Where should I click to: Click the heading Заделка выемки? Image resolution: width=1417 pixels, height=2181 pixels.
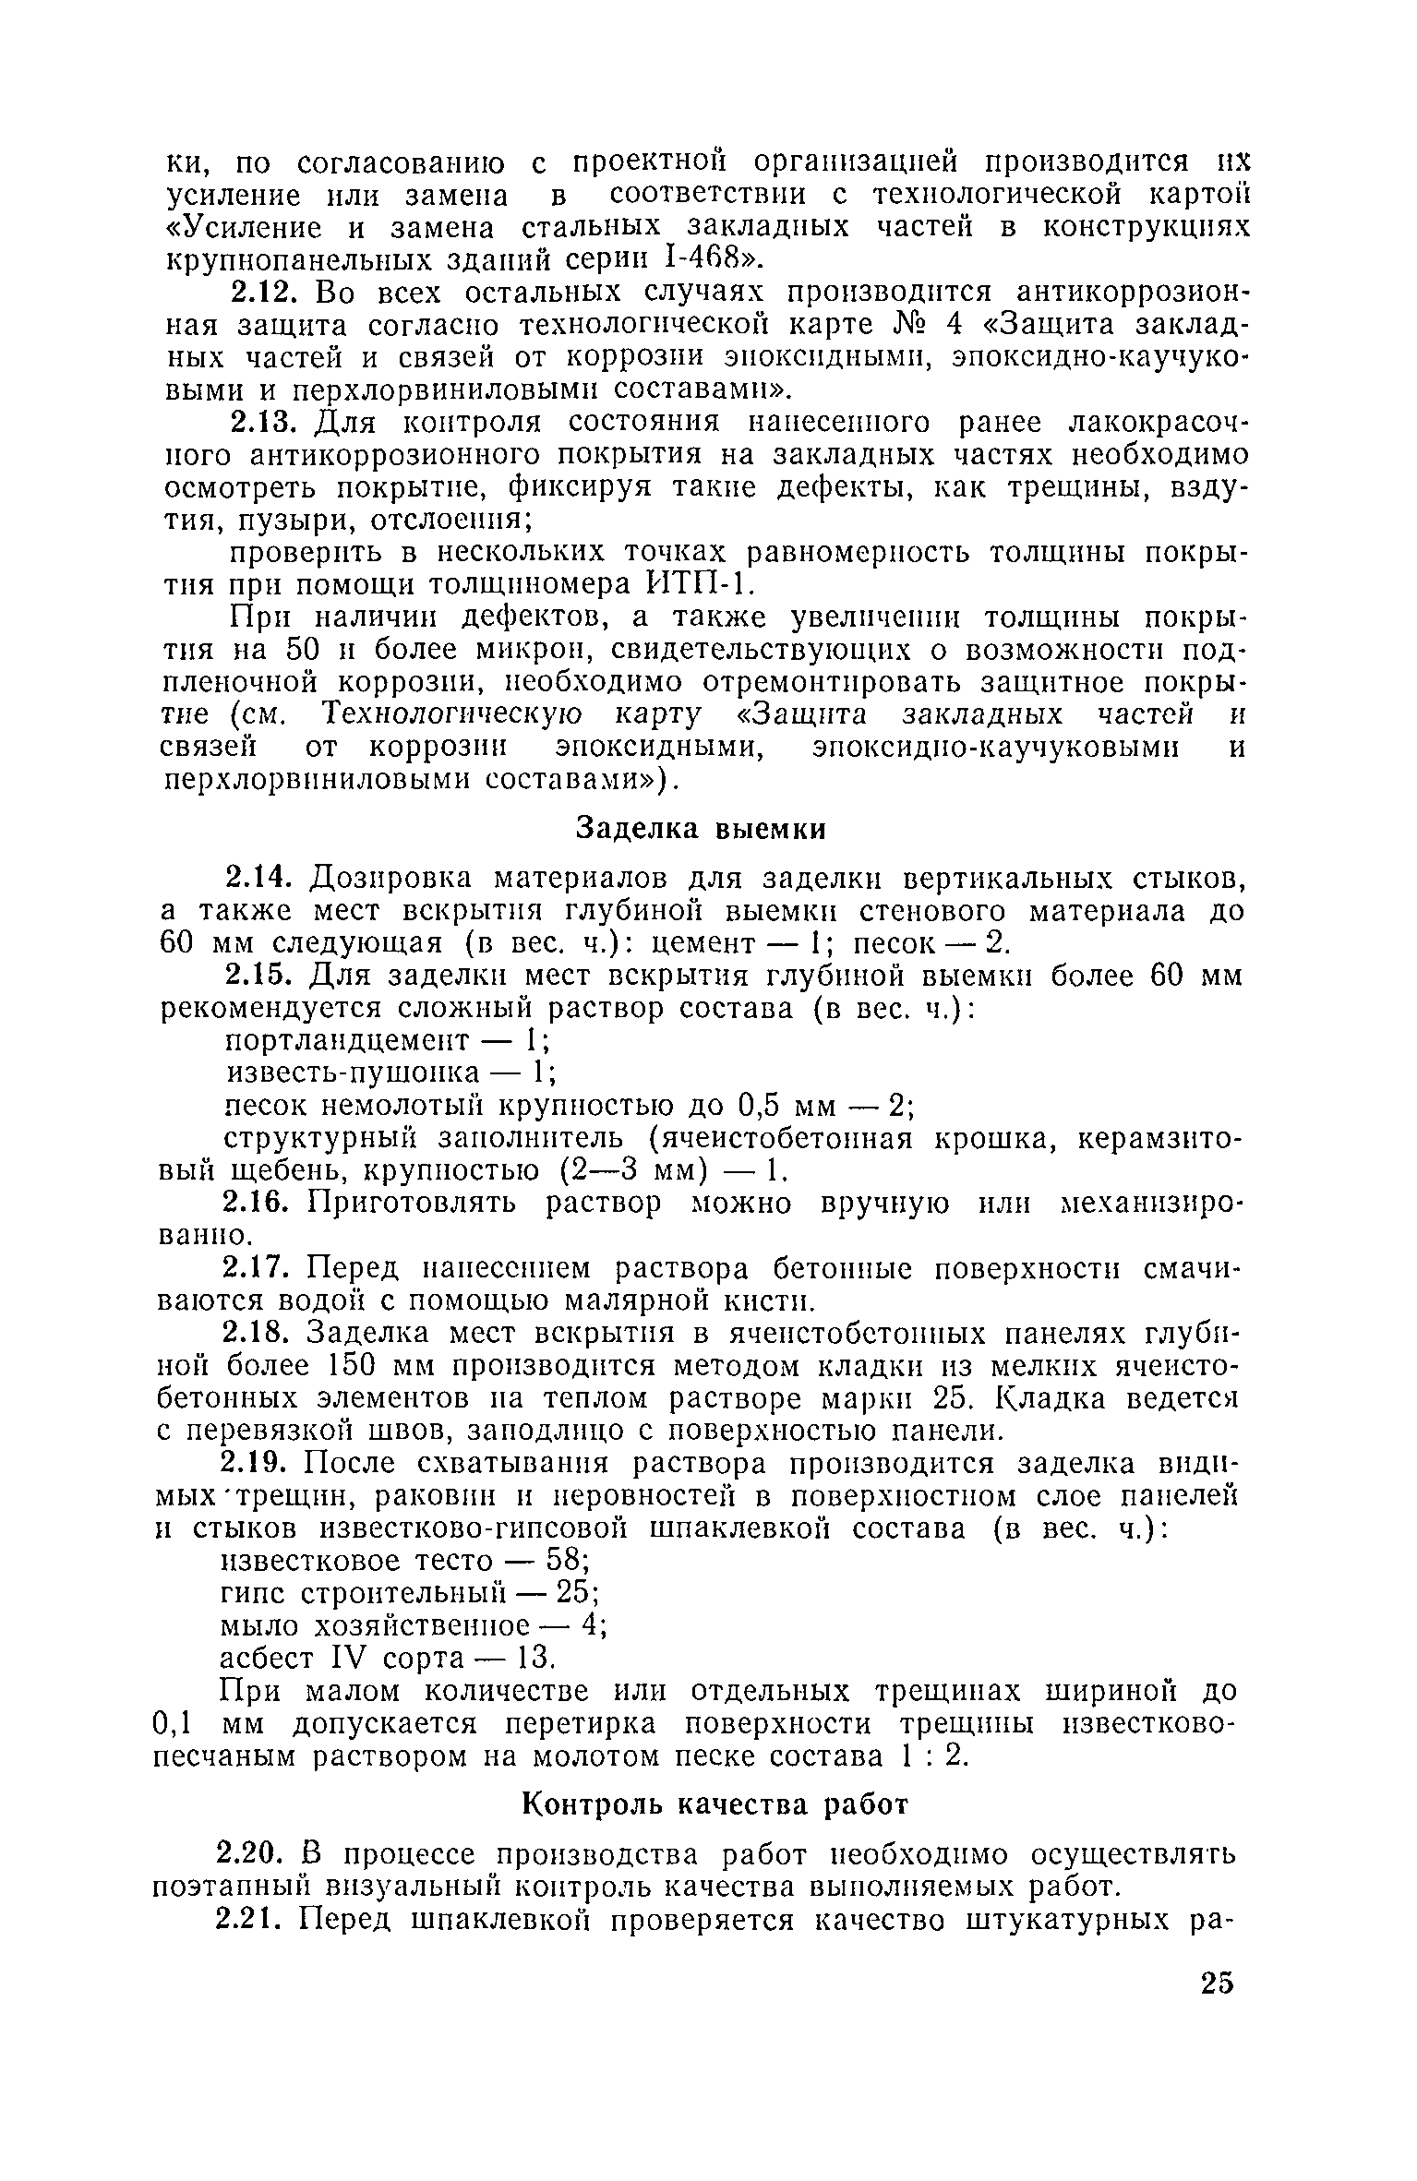click(x=701, y=829)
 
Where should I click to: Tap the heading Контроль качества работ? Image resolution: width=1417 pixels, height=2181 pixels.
click(x=716, y=1804)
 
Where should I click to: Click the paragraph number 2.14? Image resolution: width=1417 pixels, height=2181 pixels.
click(x=260, y=876)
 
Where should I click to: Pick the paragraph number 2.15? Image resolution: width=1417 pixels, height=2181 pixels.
click(x=260, y=976)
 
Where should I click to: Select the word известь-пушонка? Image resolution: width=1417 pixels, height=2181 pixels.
click(x=354, y=1073)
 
